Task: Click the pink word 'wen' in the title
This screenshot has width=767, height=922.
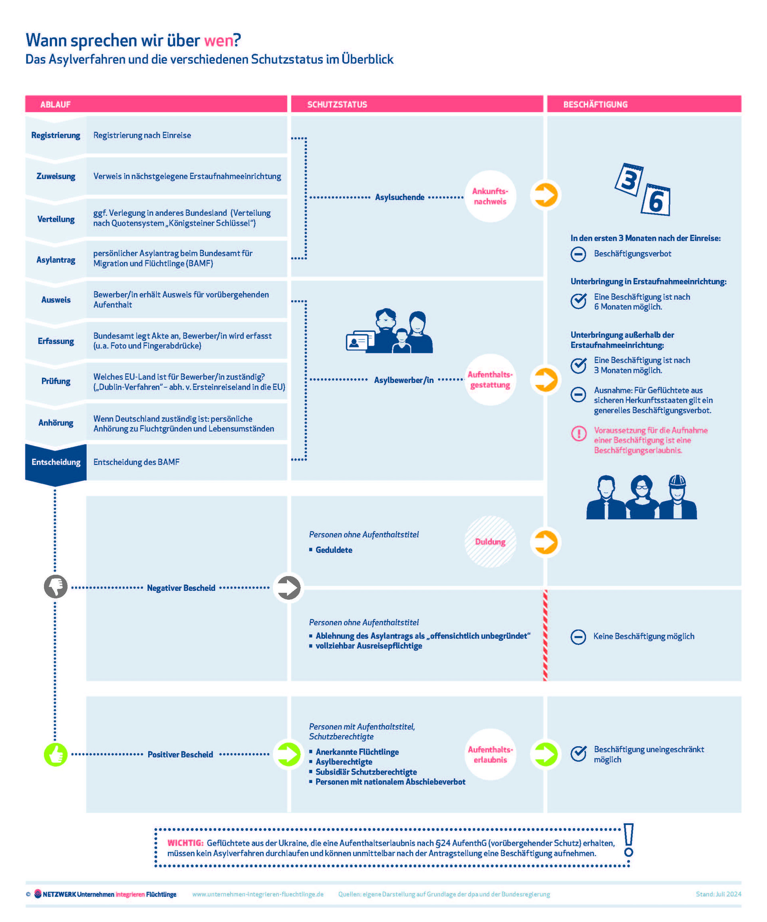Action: click(218, 40)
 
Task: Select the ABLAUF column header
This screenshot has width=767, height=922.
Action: click(55, 105)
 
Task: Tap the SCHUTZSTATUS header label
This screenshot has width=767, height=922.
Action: click(337, 105)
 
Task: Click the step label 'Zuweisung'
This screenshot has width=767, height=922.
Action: click(56, 176)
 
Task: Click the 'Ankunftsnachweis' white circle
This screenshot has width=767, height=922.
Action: click(490, 196)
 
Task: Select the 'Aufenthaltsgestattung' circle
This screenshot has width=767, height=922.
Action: click(490, 380)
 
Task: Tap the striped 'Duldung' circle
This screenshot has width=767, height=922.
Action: click(490, 542)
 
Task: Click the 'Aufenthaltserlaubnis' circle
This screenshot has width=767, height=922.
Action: click(490, 755)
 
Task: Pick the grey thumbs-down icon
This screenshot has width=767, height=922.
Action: click(56, 586)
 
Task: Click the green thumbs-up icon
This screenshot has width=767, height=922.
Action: click(56, 755)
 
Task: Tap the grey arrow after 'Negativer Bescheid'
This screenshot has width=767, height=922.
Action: click(288, 588)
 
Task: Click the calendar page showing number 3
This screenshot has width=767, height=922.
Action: click(629, 180)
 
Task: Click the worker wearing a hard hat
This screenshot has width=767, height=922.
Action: click(678, 498)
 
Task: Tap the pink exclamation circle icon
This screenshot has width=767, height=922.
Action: click(578, 434)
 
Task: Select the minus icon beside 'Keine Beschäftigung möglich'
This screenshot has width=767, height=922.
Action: click(578, 637)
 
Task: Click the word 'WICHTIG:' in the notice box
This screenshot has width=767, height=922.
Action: click(185, 843)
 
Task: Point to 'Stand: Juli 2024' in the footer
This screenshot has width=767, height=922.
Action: click(718, 894)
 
